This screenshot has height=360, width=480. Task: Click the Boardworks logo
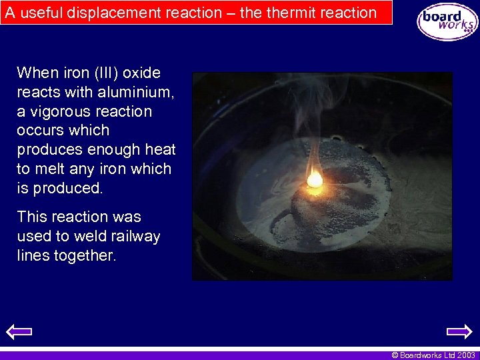pyautogui.click(x=447, y=21)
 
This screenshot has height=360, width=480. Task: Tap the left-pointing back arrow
pyautogui.click(x=19, y=331)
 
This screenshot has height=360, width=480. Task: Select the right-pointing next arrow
pyautogui.click(x=459, y=331)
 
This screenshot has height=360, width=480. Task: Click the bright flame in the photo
pyautogui.click(x=314, y=178)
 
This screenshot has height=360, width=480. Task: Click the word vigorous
pyautogui.click(x=61, y=111)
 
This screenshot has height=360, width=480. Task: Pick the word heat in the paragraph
pyautogui.click(x=161, y=149)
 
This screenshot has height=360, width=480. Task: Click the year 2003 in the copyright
pyautogui.click(x=465, y=355)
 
